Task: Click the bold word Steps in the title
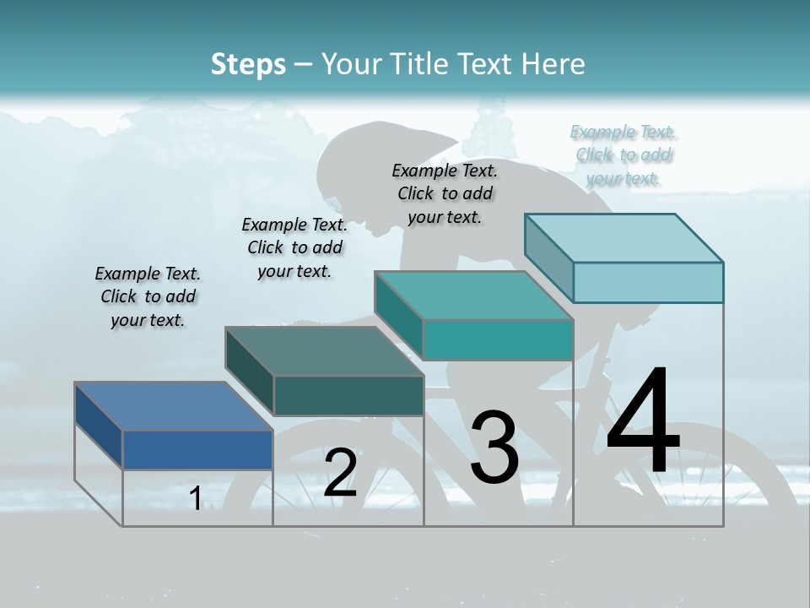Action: tap(248, 64)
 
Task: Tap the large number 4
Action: tap(643, 422)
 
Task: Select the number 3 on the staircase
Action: tap(494, 448)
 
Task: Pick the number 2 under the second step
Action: tap(340, 473)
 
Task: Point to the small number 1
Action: tap(195, 499)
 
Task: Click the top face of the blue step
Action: tap(173, 406)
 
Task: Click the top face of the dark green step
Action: tap(324, 351)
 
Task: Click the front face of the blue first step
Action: tap(197, 449)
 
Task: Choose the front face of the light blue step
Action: tap(648, 282)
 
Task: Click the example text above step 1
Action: tap(148, 297)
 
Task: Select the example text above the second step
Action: tap(294, 247)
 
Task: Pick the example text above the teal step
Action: tap(445, 193)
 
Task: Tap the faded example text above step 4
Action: tap(624, 155)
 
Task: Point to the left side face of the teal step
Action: tap(398, 317)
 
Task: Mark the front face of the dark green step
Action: tap(348, 395)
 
